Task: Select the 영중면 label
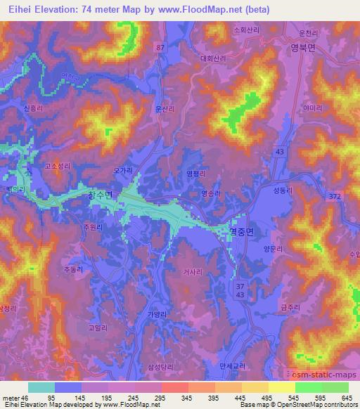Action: (243, 229)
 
